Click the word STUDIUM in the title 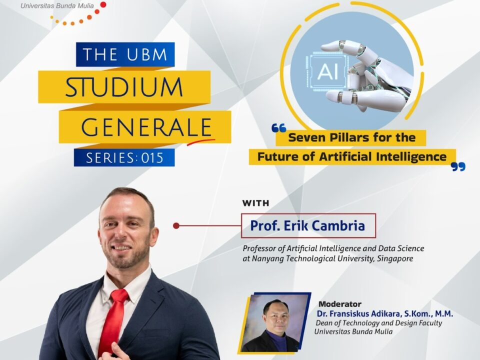(124, 87)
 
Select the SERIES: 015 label (124, 157)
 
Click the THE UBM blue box (125, 54)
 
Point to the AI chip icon (328, 72)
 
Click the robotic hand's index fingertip (325, 46)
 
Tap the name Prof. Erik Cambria (307, 225)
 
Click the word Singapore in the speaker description (395, 258)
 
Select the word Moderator (340, 304)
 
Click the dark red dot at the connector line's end (176, 225)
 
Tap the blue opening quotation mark (279, 128)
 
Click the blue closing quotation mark (458, 167)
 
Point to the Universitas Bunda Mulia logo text (57, 5)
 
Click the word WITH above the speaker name (255, 203)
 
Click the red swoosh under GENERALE (201, 141)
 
